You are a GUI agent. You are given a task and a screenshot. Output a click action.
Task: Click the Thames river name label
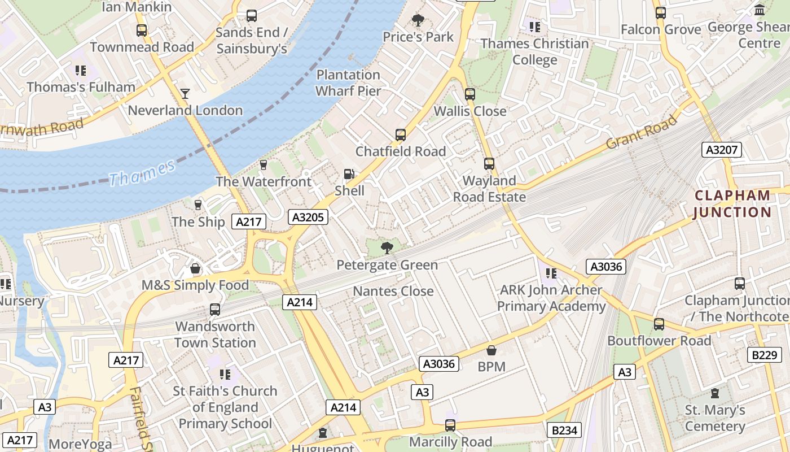(x=142, y=173)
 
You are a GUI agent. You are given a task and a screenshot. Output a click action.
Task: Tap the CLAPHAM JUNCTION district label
(x=732, y=204)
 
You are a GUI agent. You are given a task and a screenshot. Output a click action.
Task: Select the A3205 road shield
(x=308, y=217)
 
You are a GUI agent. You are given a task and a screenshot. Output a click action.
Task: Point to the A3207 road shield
(x=722, y=150)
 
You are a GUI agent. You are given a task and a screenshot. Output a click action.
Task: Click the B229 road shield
(x=764, y=355)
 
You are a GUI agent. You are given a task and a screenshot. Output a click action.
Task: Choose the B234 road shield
(x=564, y=431)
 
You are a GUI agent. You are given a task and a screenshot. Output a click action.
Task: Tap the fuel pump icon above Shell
(x=349, y=175)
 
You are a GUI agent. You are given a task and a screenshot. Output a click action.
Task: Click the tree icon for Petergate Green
(x=387, y=247)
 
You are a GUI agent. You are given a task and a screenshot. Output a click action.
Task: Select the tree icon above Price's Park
(x=418, y=21)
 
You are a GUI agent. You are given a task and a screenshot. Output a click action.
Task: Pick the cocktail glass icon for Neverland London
(x=185, y=93)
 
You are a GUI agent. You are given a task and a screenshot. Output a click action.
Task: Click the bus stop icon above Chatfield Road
(x=401, y=135)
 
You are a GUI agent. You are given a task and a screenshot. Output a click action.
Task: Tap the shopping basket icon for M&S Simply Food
(x=195, y=268)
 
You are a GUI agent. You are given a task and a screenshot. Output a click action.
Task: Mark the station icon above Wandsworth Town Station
(x=215, y=310)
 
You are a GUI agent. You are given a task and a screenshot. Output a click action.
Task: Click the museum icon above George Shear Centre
(x=760, y=10)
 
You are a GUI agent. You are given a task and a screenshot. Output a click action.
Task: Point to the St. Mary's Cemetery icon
(x=715, y=393)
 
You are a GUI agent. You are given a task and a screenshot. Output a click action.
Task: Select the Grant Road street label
(x=641, y=133)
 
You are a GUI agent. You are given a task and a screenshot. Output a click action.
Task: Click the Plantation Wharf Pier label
(x=348, y=82)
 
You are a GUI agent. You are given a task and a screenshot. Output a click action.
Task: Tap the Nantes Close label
(x=393, y=292)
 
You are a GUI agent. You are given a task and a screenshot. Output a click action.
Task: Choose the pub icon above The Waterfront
(x=263, y=164)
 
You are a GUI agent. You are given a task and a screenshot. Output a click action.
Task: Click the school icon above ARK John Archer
(x=551, y=273)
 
